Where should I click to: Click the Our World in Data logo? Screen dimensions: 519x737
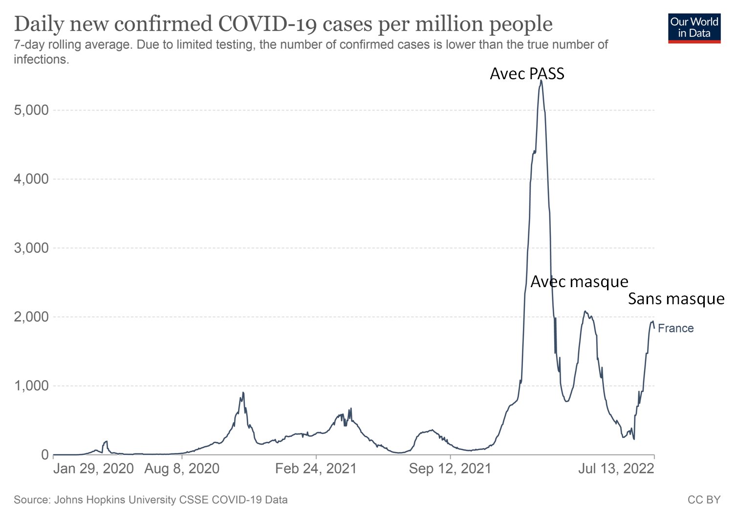point(694,28)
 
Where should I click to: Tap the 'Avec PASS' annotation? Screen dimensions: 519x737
point(527,74)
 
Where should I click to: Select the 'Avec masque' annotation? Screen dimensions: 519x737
point(579,282)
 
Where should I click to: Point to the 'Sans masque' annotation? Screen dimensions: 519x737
point(676,299)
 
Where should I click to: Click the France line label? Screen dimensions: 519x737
point(675,328)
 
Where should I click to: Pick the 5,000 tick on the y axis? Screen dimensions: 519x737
point(31,110)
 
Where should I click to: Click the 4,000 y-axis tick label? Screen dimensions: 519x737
point(31,179)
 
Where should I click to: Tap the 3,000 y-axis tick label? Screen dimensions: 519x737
point(31,248)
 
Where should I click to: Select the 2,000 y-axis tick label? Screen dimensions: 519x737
point(31,317)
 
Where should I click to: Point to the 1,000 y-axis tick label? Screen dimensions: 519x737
point(31,386)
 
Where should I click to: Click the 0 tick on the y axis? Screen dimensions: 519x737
point(45,455)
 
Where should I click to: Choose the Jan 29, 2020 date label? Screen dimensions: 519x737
point(93,469)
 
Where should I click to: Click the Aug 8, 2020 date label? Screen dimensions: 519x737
point(182,469)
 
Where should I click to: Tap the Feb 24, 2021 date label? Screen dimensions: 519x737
point(316,469)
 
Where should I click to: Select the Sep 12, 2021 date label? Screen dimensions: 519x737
point(450,469)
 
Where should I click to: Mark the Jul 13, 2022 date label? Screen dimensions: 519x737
point(616,469)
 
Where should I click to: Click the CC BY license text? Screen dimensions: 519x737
point(704,500)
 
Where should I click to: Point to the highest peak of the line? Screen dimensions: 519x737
point(541,80)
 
